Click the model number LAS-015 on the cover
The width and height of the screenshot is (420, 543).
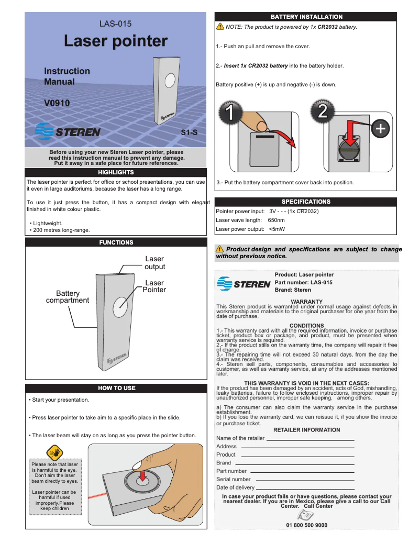pyautogui.click(x=115, y=24)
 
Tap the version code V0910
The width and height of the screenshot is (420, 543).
pyautogui.click(x=57, y=104)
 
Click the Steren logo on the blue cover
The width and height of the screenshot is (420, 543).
pyautogui.click(x=68, y=131)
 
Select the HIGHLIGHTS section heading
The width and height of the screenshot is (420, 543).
pyautogui.click(x=116, y=172)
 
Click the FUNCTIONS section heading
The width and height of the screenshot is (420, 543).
pyautogui.click(x=116, y=242)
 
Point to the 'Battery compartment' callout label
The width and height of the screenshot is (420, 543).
pyautogui.click(x=68, y=297)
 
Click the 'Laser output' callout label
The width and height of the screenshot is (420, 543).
pyautogui.click(x=154, y=263)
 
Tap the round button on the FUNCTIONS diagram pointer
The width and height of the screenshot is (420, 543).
pyautogui.click(x=120, y=306)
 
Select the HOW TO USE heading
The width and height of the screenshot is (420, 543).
pyautogui.click(x=117, y=388)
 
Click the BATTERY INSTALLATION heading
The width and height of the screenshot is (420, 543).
pyautogui.click(x=306, y=17)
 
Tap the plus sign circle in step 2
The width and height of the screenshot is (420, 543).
pyautogui.click(x=381, y=128)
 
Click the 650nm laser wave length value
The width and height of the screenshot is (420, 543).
pyautogui.click(x=276, y=220)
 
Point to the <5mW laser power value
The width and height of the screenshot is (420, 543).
pyautogui.click(x=277, y=229)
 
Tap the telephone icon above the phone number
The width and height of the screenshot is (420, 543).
pyautogui.click(x=306, y=515)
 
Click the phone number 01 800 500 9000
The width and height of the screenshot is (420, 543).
pyautogui.click(x=306, y=525)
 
